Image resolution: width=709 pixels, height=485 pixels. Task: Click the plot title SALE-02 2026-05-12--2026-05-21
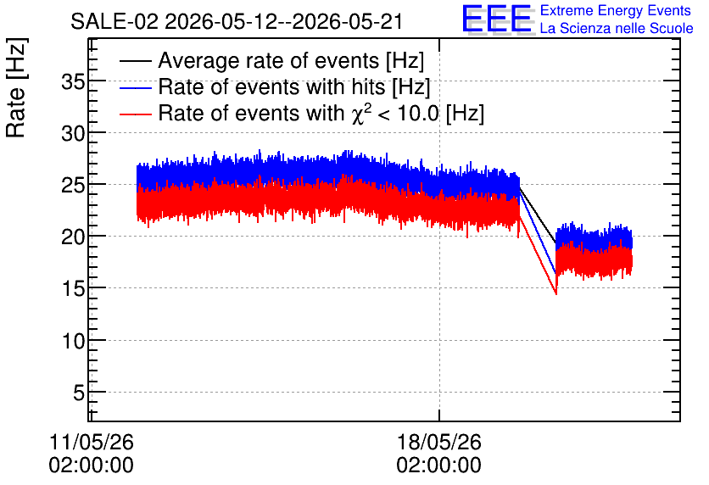point(237,21)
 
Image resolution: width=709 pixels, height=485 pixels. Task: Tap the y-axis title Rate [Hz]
point(16,87)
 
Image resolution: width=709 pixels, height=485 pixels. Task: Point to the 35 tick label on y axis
point(73,83)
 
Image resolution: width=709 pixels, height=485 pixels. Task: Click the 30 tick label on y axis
point(73,134)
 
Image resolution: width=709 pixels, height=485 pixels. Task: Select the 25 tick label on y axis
point(73,186)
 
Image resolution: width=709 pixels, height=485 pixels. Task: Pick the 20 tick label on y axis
point(73,237)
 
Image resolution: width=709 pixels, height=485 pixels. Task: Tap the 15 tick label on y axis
point(73,288)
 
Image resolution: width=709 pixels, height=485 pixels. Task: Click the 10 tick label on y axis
point(73,341)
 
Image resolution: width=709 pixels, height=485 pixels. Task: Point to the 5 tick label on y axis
point(79,393)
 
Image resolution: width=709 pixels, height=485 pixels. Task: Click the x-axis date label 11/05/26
point(92,442)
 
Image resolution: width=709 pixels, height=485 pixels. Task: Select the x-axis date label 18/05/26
point(439,442)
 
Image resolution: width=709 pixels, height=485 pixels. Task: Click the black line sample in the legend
point(135,61)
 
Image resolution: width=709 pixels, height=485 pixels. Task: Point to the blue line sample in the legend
point(135,87)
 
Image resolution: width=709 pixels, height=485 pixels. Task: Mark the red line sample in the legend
point(135,114)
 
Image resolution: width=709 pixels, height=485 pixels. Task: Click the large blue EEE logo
point(498,20)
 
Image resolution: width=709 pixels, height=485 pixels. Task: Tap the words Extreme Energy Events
point(616,10)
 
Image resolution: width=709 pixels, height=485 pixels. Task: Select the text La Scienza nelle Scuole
point(617,29)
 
